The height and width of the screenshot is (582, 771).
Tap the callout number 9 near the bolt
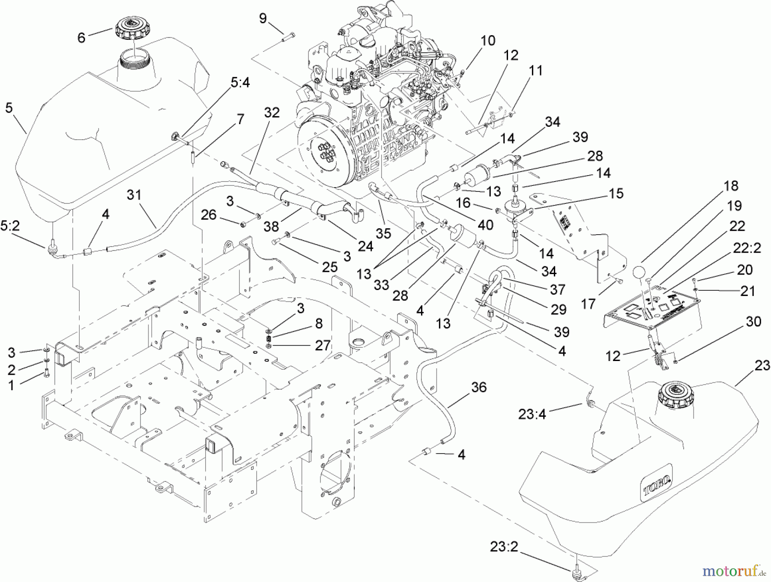click(x=263, y=18)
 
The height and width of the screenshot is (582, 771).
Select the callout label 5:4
click(x=240, y=82)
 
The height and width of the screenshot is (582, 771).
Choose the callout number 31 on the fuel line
click(x=134, y=195)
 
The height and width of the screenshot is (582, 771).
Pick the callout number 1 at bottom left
click(x=12, y=385)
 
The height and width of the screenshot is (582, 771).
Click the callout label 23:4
click(x=532, y=414)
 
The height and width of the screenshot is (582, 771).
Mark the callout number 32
click(x=272, y=113)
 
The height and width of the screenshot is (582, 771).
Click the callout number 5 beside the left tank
click(x=9, y=108)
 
